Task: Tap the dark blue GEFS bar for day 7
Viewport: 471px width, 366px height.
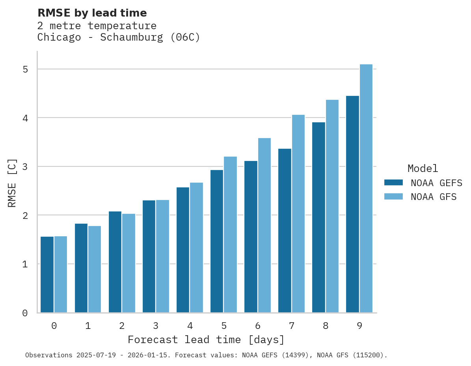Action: [x=285, y=230]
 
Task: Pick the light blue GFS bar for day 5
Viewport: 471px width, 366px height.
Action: [x=231, y=235]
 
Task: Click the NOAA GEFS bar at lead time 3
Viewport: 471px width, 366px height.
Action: [x=149, y=256]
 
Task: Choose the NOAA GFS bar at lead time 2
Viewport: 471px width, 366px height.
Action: [x=129, y=263]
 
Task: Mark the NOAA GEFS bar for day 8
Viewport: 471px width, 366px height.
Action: [x=318, y=217]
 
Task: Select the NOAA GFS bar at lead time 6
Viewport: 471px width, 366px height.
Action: [x=264, y=225]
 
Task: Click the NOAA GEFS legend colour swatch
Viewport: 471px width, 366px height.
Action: [x=393, y=183]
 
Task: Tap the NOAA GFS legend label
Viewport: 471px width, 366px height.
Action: [x=434, y=197]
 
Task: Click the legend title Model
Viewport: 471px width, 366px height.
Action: [x=423, y=168]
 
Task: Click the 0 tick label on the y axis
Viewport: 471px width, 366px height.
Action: [x=25, y=313]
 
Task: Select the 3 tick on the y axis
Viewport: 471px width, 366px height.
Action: [x=25, y=167]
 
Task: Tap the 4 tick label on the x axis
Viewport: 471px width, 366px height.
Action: [x=190, y=326]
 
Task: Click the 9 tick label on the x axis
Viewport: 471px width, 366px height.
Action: [x=359, y=326]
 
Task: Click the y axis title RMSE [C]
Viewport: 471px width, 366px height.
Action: [x=12, y=183]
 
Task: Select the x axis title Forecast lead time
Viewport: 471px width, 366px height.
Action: [x=206, y=340]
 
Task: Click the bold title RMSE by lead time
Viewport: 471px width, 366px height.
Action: [x=92, y=13]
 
